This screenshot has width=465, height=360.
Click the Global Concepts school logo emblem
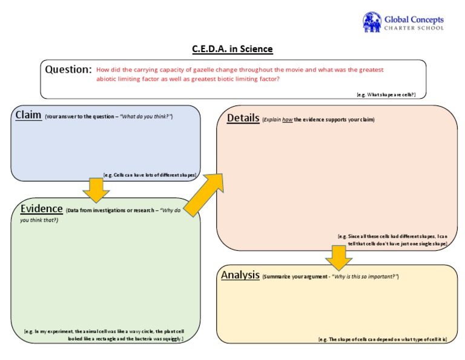(x=372, y=22)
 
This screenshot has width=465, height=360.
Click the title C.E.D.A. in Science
(x=232, y=49)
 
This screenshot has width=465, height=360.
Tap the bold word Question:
(x=68, y=69)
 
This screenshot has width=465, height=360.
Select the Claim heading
(x=28, y=115)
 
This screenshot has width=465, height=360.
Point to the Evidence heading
(x=42, y=208)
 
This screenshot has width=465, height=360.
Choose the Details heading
(x=243, y=118)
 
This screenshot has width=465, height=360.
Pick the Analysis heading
(x=240, y=275)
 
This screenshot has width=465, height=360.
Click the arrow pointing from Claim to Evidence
(x=96, y=190)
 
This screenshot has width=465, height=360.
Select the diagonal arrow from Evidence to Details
(x=204, y=193)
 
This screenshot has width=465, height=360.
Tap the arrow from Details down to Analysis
(x=338, y=257)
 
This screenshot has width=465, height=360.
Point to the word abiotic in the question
(x=107, y=79)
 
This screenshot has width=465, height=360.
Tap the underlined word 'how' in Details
(x=287, y=120)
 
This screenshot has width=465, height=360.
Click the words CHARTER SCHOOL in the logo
(x=414, y=28)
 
